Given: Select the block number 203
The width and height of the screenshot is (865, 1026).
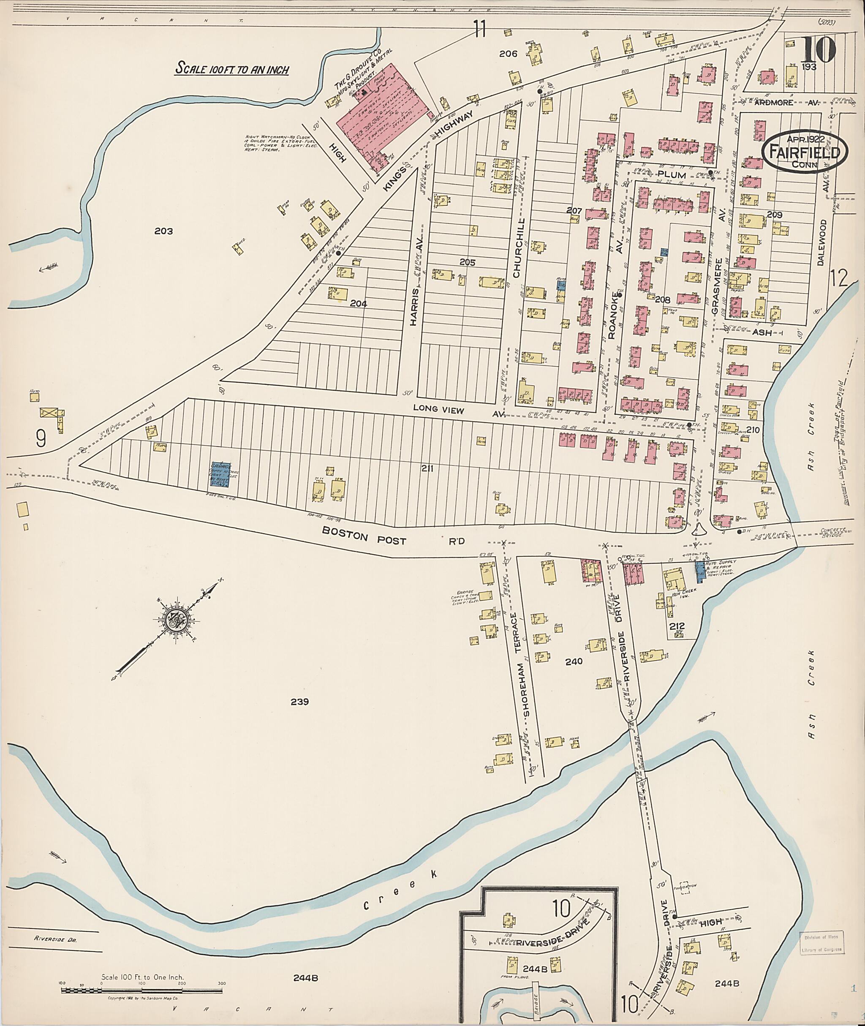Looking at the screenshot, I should (163, 231).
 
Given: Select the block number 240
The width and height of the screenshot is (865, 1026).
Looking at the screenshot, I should (573, 661).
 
